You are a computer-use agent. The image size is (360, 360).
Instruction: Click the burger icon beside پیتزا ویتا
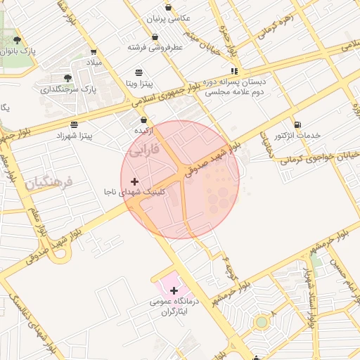click(139, 72)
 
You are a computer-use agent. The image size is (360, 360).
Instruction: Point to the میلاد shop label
click(94, 63)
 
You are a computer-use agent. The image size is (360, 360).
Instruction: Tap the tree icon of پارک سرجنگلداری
click(67, 78)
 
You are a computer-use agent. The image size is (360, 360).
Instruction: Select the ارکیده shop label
click(144, 131)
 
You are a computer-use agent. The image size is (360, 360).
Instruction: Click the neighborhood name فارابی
click(146, 150)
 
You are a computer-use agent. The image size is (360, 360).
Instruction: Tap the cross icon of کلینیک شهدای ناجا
click(135, 181)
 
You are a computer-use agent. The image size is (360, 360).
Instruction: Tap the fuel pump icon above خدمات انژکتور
click(297, 124)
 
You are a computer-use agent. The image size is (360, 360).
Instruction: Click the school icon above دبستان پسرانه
click(234, 71)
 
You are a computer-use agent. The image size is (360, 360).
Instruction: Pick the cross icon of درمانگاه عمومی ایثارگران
click(174, 290)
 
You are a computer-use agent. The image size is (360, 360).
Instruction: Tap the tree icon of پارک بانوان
click(17, 40)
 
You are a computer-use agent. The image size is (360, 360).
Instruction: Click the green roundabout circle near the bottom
click(262, 322)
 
